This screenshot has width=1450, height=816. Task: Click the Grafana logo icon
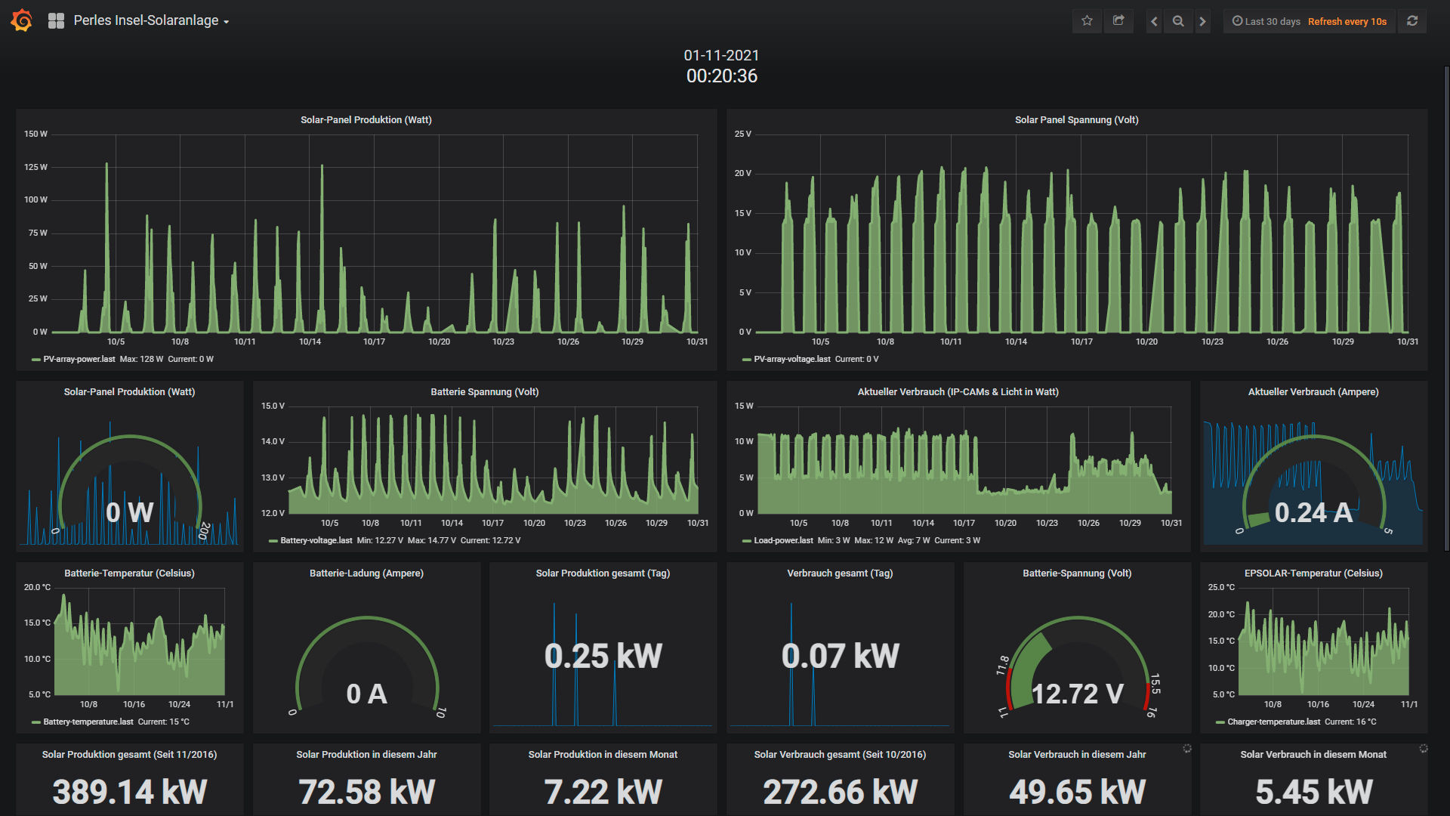[22, 20]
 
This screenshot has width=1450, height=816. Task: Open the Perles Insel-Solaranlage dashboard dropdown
[151, 20]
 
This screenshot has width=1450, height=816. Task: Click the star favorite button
[1087, 21]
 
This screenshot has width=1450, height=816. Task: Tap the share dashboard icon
[1118, 21]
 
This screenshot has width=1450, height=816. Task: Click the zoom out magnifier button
[1178, 21]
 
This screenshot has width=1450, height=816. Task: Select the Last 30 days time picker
[1266, 21]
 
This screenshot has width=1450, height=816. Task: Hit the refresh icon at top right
[1412, 21]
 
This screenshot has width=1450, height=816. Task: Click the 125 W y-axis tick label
[35, 167]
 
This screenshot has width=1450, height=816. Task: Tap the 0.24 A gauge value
[1313, 512]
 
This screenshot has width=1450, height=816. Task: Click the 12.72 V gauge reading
[1078, 694]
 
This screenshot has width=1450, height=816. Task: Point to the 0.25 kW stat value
[603, 656]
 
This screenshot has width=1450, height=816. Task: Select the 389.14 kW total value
[130, 792]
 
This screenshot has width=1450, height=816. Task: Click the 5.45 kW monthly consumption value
[1314, 792]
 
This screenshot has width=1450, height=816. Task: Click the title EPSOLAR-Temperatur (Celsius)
[1314, 573]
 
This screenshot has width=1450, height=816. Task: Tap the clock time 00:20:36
[722, 76]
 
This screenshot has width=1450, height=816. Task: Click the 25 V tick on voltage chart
[743, 134]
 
